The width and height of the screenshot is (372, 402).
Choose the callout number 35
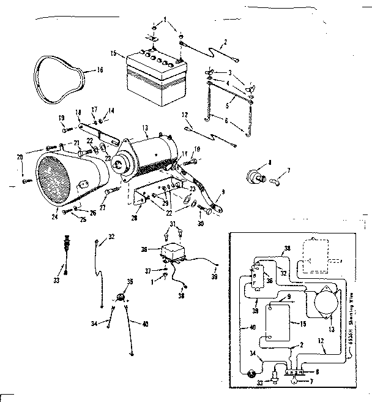(129, 283)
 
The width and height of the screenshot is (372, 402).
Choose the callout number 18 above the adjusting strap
(78, 112)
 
